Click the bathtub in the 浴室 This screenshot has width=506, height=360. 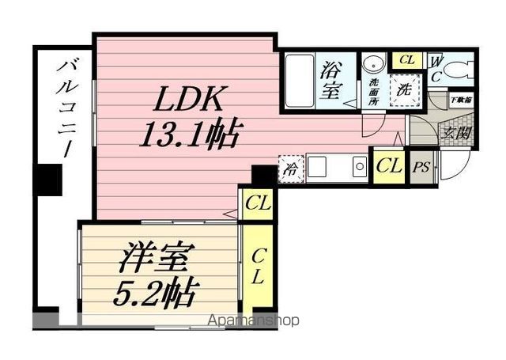click(x=300, y=78)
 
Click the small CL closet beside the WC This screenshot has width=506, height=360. click(x=407, y=60)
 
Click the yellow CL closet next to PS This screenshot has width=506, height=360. click(x=387, y=166)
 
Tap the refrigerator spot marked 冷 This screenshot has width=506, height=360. click(x=292, y=168)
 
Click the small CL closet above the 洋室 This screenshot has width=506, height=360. click(x=258, y=205)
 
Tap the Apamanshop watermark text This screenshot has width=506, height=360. click(x=254, y=320)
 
